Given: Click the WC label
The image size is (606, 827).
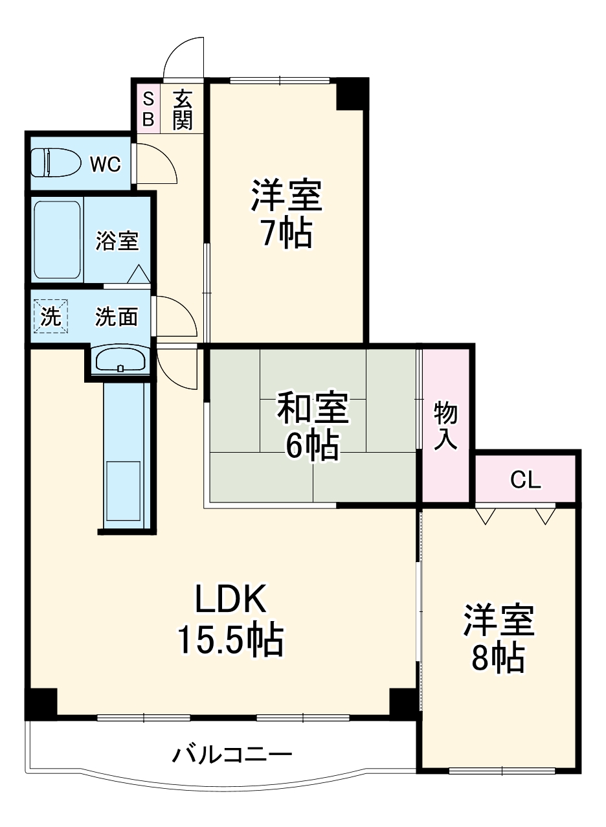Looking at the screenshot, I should point(105,164).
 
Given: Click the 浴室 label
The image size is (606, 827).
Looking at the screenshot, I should point(117,241).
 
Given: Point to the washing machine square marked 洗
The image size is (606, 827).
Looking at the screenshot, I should point(50,316).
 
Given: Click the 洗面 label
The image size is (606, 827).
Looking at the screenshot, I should point(117,317).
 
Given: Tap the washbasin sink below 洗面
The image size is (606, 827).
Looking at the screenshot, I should point(120,360).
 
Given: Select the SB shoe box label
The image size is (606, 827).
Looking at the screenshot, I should point(148,109).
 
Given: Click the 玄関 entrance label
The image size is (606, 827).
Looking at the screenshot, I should point(183,109).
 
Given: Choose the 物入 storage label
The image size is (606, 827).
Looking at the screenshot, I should point(446,425).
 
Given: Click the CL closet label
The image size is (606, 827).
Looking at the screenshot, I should point(525,481).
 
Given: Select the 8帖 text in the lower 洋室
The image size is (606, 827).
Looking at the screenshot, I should point(497,658).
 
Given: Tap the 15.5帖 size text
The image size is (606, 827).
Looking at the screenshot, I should point(230,640).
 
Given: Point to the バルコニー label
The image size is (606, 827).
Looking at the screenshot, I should point(232,754).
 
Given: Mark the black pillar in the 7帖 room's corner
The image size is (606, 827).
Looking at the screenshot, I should point(352,95).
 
